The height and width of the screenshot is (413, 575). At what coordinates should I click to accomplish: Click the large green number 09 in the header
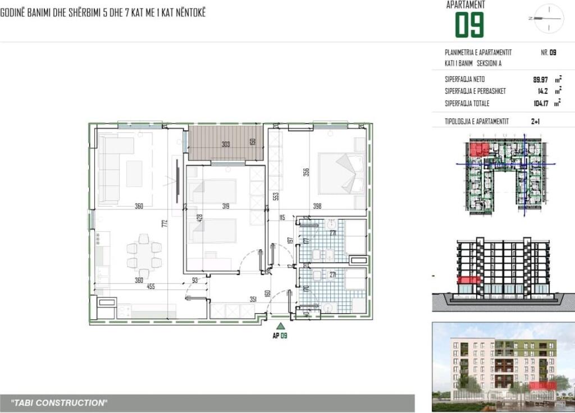pyautogui.click(x=469, y=25)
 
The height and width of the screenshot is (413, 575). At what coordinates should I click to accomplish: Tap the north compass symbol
pyautogui.click(x=548, y=19)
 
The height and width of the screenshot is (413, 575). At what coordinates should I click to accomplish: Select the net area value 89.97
pyautogui.click(x=540, y=80)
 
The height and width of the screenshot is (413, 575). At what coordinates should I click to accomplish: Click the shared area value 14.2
pyautogui.click(x=543, y=91)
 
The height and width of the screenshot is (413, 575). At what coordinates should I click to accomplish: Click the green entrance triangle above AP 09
pyautogui.click(x=281, y=325)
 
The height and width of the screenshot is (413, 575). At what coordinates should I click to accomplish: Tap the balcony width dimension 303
pyautogui.click(x=226, y=144)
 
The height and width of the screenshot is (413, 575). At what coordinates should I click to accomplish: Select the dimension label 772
pyautogui.click(x=165, y=223)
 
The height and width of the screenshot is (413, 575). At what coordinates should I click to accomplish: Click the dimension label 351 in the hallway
pyautogui.click(x=253, y=300)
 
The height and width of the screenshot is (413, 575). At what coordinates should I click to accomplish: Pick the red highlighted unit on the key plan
pyautogui.click(x=478, y=149)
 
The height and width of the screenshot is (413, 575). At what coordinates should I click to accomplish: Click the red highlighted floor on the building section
pyautogui.click(x=469, y=281)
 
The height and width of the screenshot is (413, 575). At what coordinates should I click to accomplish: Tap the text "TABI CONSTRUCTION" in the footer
pyautogui.click(x=59, y=403)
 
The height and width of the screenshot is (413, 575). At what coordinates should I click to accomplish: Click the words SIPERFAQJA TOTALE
pyautogui.click(x=467, y=103)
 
